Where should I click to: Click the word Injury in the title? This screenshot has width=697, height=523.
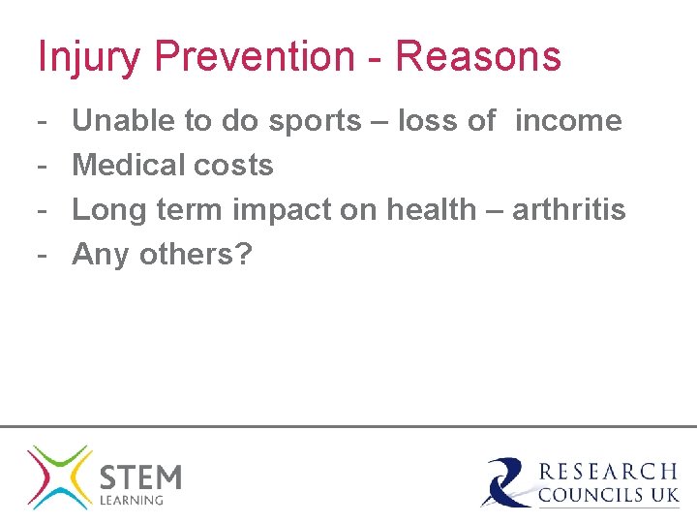pos(90,56)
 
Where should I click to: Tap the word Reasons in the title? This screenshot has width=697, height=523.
pos(478,56)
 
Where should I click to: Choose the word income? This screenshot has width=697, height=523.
pos(568,121)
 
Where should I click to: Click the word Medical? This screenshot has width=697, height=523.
pos(131,166)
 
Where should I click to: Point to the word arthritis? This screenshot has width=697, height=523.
pos(569,210)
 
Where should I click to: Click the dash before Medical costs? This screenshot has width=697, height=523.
pos(44,166)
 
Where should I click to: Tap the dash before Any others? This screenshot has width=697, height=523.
pos(44,255)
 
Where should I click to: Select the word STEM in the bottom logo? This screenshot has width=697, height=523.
pos(140,477)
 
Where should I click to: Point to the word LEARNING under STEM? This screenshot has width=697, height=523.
pos(133,501)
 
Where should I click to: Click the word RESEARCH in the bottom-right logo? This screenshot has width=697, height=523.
pos(608,472)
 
